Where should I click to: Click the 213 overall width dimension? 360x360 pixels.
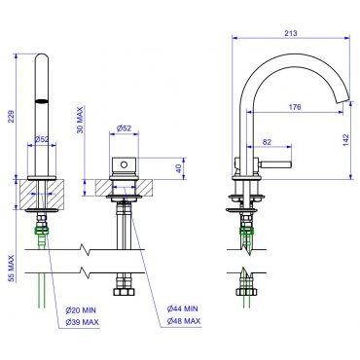pos(291,33)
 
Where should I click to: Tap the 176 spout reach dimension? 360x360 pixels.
pos(295,107)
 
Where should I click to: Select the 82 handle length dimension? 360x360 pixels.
pos(267,142)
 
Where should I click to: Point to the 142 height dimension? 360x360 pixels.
pos(345,140)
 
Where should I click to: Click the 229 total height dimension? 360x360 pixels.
pos(12,117)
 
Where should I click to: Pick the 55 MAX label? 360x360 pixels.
pos(12,269)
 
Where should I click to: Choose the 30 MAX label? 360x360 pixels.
pos(80,121)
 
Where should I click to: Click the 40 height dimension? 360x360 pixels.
pos(178,168)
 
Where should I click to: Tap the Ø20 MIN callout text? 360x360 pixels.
pos(81,310)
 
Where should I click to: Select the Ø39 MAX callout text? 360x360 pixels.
pos(82,322)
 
